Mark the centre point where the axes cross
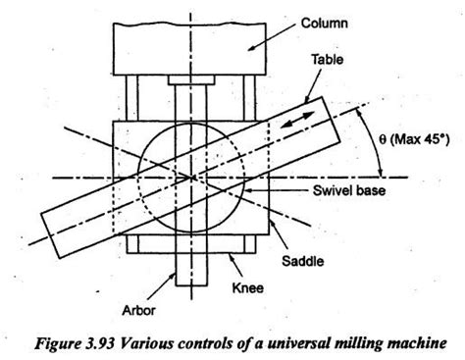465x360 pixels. point(186,177)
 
